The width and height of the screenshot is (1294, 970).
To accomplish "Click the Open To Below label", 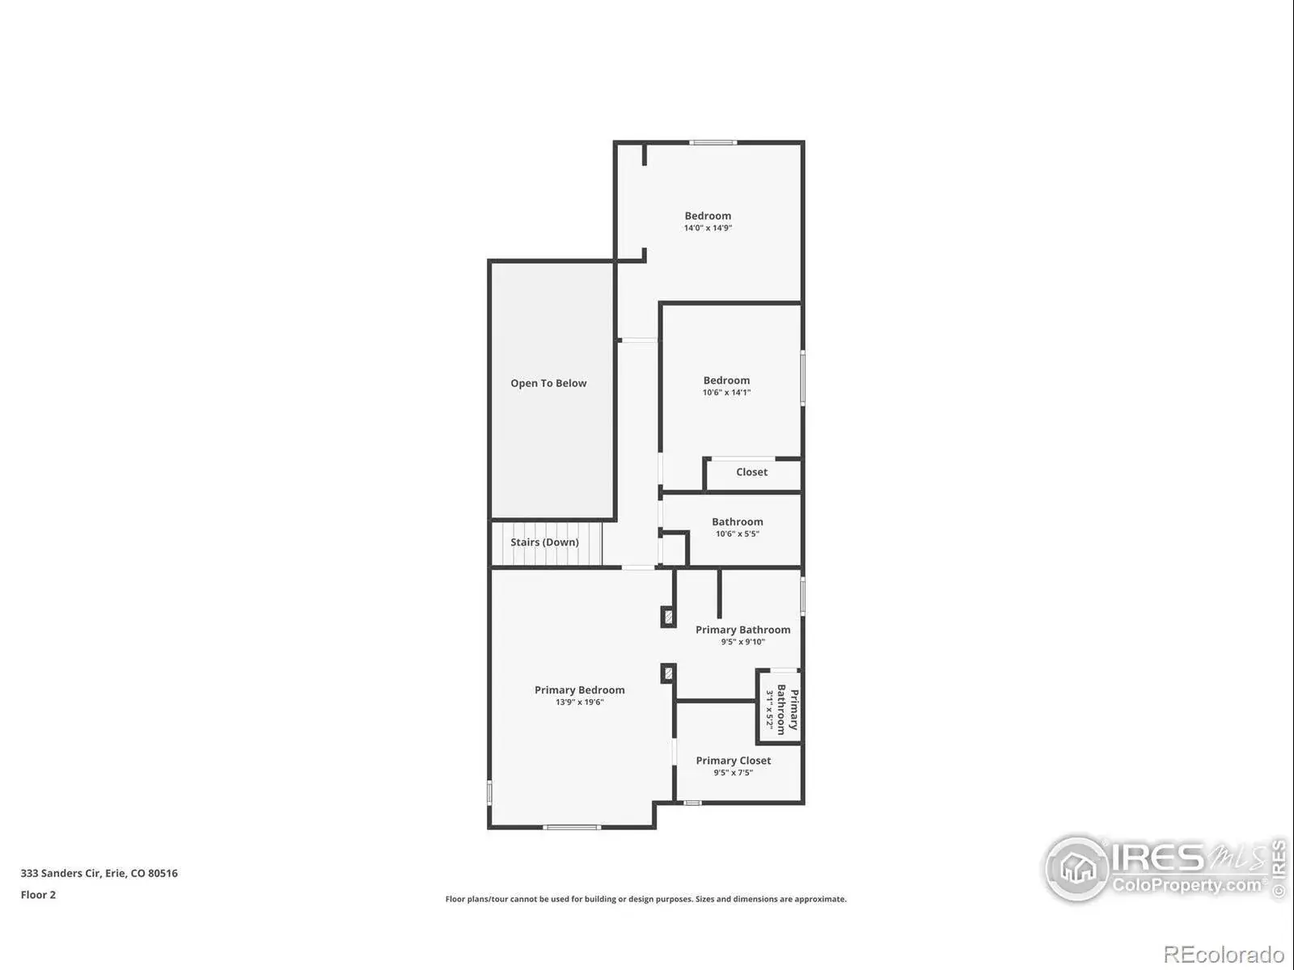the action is coord(548,383).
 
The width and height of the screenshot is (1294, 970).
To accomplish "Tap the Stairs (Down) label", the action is coord(544,542).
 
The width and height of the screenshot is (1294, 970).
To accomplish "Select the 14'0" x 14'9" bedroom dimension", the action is coord(708,228).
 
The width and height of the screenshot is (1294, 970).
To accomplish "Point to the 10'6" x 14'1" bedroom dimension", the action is coord(726,392).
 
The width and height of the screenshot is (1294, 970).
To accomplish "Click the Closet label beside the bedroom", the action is coord(751,472).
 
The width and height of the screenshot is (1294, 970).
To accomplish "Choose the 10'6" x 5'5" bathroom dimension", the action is coord(737,533).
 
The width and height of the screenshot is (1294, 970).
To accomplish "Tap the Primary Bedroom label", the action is coord(580,690).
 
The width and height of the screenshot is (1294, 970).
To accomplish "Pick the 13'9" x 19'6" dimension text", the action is coord(580,702).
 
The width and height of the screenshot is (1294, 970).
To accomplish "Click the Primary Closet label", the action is coord(734,761).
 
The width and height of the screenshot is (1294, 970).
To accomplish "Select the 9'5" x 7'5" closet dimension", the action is coord(734,773).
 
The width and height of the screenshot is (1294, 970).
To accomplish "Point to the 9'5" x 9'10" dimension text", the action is coord(742,642).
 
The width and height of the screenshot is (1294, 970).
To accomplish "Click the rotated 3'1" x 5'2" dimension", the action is coord(769,709).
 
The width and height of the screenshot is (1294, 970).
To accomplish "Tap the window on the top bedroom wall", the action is coord(713,142).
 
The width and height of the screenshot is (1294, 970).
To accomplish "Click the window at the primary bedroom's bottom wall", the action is coord(571,828).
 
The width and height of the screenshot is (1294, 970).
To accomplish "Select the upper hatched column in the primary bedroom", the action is coord(668,617).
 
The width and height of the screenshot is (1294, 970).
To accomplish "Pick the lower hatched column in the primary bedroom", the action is coord(668,673).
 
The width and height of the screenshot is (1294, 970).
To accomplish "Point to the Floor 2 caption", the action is coord(38,895).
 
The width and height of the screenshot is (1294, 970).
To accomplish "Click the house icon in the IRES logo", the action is coord(1077,868).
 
